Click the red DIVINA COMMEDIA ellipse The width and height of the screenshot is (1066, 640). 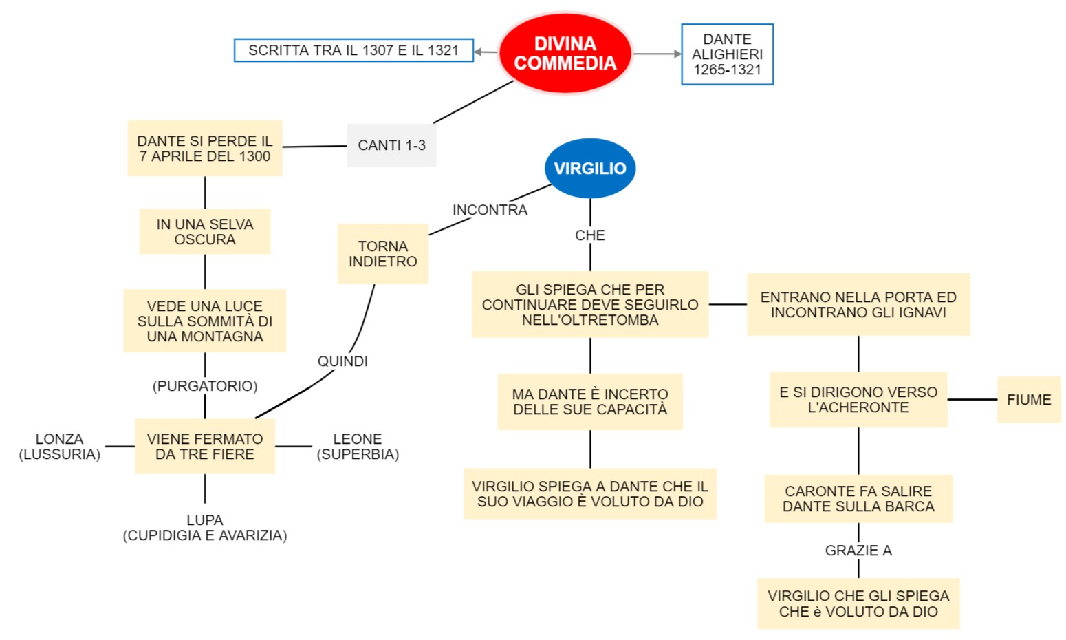(x=565, y=54)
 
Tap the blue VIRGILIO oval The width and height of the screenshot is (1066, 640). (x=590, y=169)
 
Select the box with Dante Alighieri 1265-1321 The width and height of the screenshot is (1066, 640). (x=727, y=54)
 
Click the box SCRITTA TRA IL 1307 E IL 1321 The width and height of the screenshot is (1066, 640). (x=353, y=50)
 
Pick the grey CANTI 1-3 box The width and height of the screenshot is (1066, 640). (x=391, y=145)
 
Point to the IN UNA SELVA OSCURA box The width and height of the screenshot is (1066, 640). (x=205, y=232)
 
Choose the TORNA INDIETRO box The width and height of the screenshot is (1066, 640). (x=382, y=254)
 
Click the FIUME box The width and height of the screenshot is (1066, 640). (x=1029, y=400)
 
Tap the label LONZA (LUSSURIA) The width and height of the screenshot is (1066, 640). (x=60, y=447)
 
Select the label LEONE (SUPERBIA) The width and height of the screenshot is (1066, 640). (x=358, y=447)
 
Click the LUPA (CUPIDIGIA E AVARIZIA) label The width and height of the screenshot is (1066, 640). (x=205, y=528)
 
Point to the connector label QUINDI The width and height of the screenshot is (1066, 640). (x=342, y=361)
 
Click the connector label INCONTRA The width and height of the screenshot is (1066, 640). (x=490, y=210)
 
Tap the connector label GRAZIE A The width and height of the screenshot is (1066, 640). (x=858, y=551)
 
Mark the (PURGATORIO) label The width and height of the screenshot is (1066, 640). (x=205, y=386)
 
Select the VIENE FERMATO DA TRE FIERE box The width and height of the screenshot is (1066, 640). (x=205, y=447)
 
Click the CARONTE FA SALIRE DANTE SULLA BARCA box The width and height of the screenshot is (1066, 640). (x=858, y=499)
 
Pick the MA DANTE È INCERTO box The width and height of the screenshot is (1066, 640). (x=590, y=402)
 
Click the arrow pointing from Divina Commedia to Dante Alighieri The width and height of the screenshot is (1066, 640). (x=657, y=54)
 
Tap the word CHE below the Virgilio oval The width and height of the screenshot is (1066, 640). (x=590, y=235)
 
